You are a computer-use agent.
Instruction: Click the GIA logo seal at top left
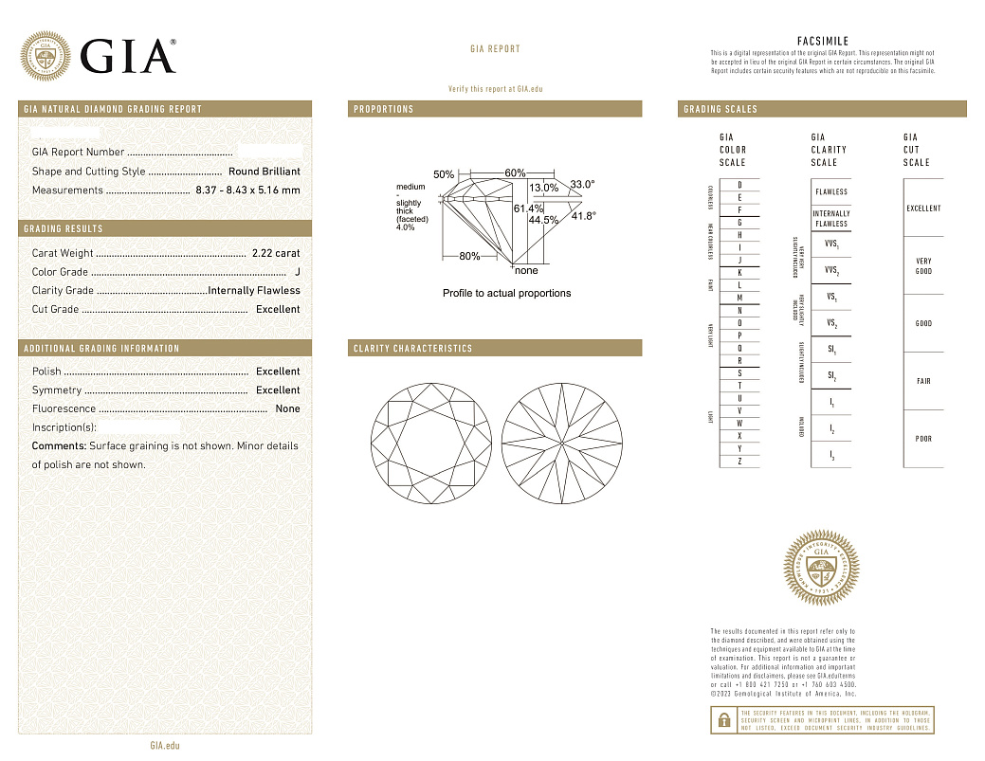45,56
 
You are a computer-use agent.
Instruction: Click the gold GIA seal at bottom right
820,570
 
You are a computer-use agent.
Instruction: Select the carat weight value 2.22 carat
276,253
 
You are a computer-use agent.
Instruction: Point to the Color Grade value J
298,272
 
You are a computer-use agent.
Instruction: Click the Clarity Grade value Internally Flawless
254,291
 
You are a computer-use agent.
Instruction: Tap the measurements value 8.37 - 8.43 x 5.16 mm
249,190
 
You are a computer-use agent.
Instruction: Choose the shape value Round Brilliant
264,172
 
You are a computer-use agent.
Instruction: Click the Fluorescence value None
287,409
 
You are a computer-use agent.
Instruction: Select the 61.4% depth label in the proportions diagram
528,208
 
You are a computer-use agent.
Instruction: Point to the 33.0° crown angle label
582,184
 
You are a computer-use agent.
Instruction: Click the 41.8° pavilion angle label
584,216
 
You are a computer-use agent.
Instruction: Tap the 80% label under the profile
469,257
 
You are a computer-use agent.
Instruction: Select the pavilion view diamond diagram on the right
563,443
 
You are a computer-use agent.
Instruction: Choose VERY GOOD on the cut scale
923,266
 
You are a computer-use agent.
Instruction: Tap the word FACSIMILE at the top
823,42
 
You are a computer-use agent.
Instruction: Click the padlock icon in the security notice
723,720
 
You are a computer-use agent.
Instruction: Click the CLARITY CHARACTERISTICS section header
412,349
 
